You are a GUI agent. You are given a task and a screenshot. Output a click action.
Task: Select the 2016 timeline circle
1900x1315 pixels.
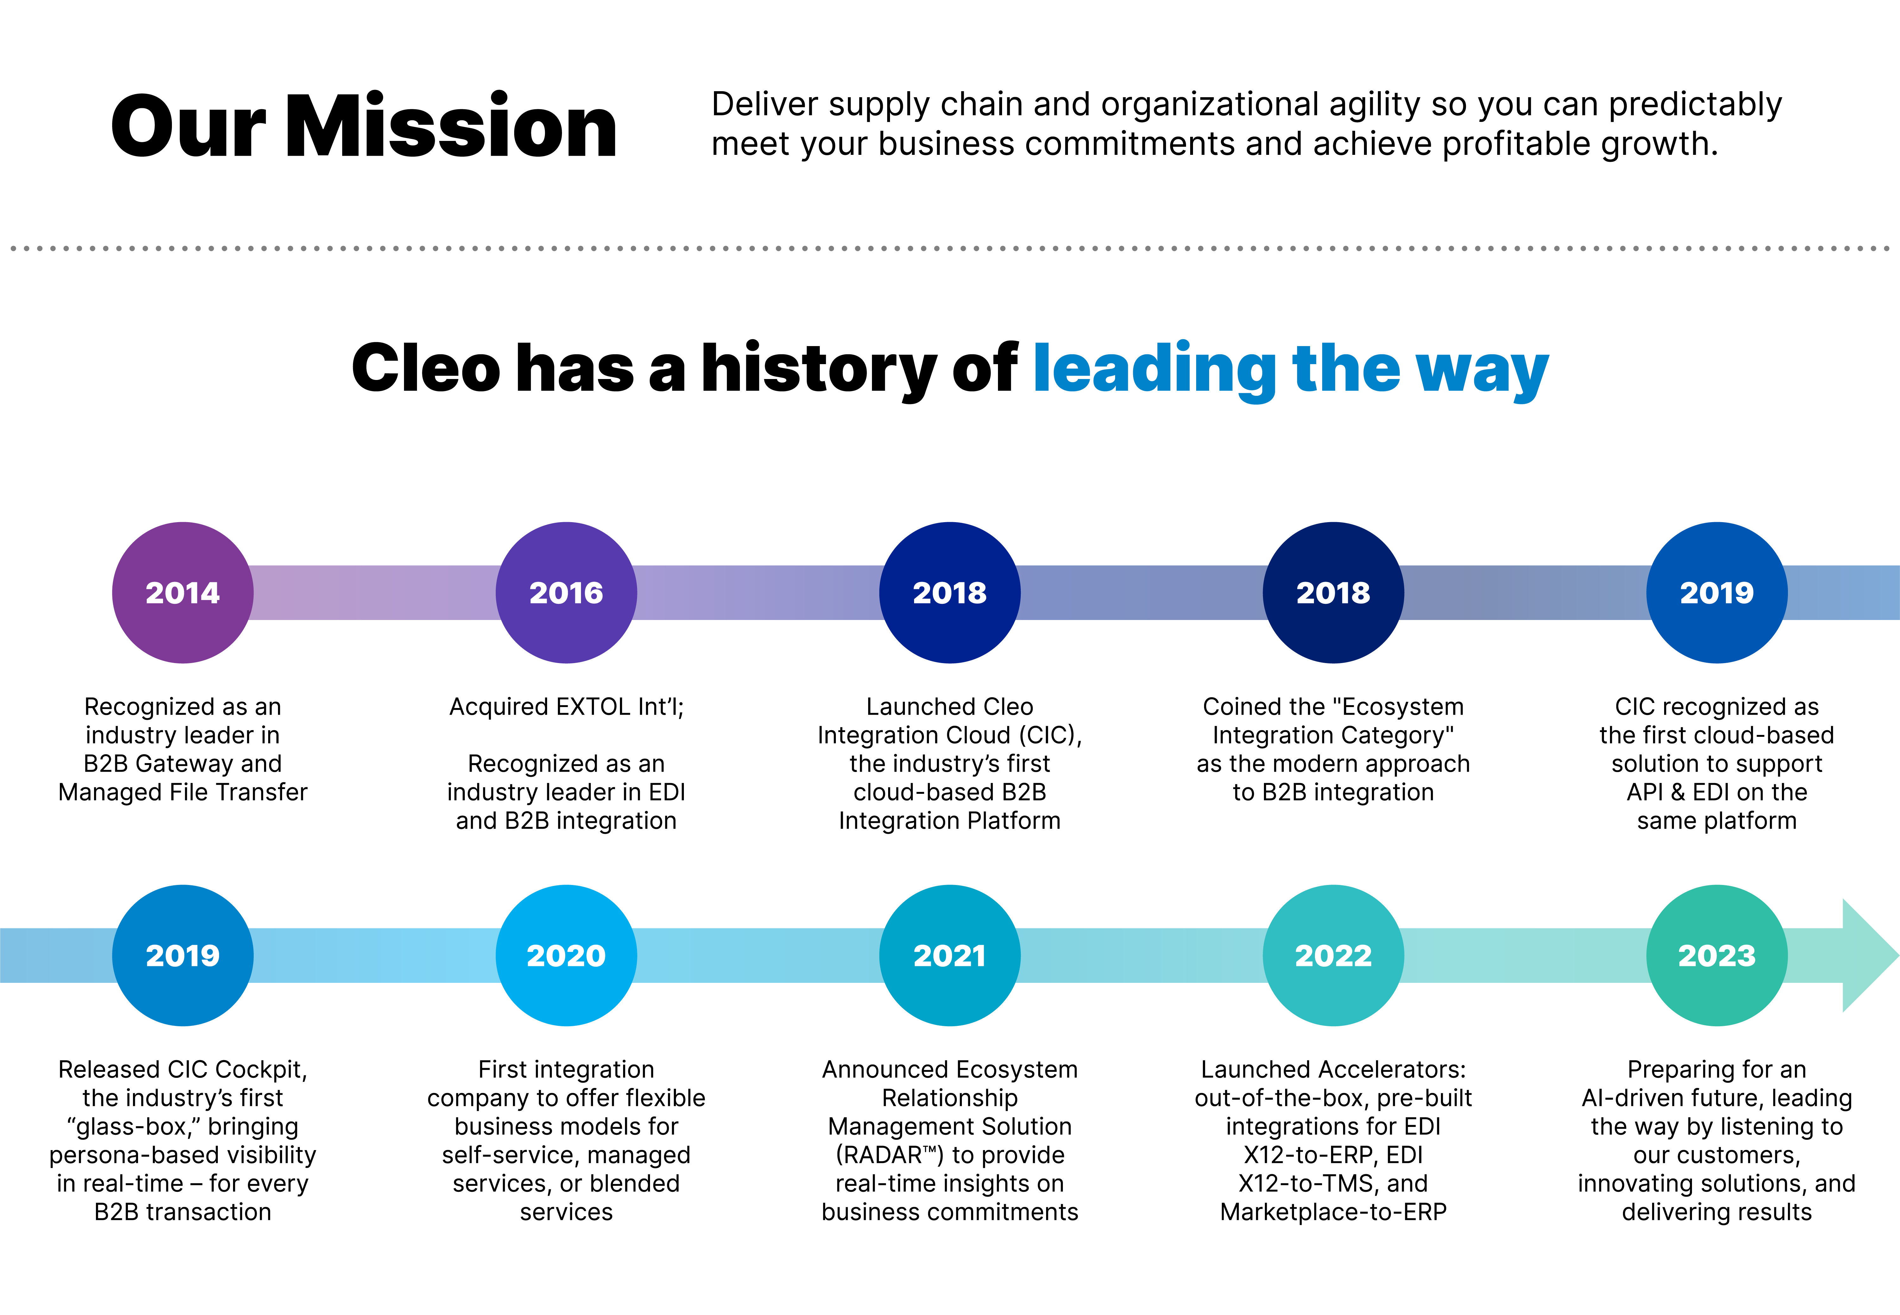coord(566,592)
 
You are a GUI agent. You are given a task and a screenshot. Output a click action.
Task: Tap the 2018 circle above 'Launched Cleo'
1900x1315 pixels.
coord(949,592)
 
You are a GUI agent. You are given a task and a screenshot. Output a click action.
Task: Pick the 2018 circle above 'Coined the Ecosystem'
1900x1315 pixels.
coord(1333,592)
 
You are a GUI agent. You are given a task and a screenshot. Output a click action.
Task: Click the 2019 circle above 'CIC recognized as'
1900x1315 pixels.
coord(1716,592)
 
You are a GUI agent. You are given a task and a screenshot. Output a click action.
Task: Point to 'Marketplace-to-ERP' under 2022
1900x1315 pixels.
coord(1333,1212)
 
